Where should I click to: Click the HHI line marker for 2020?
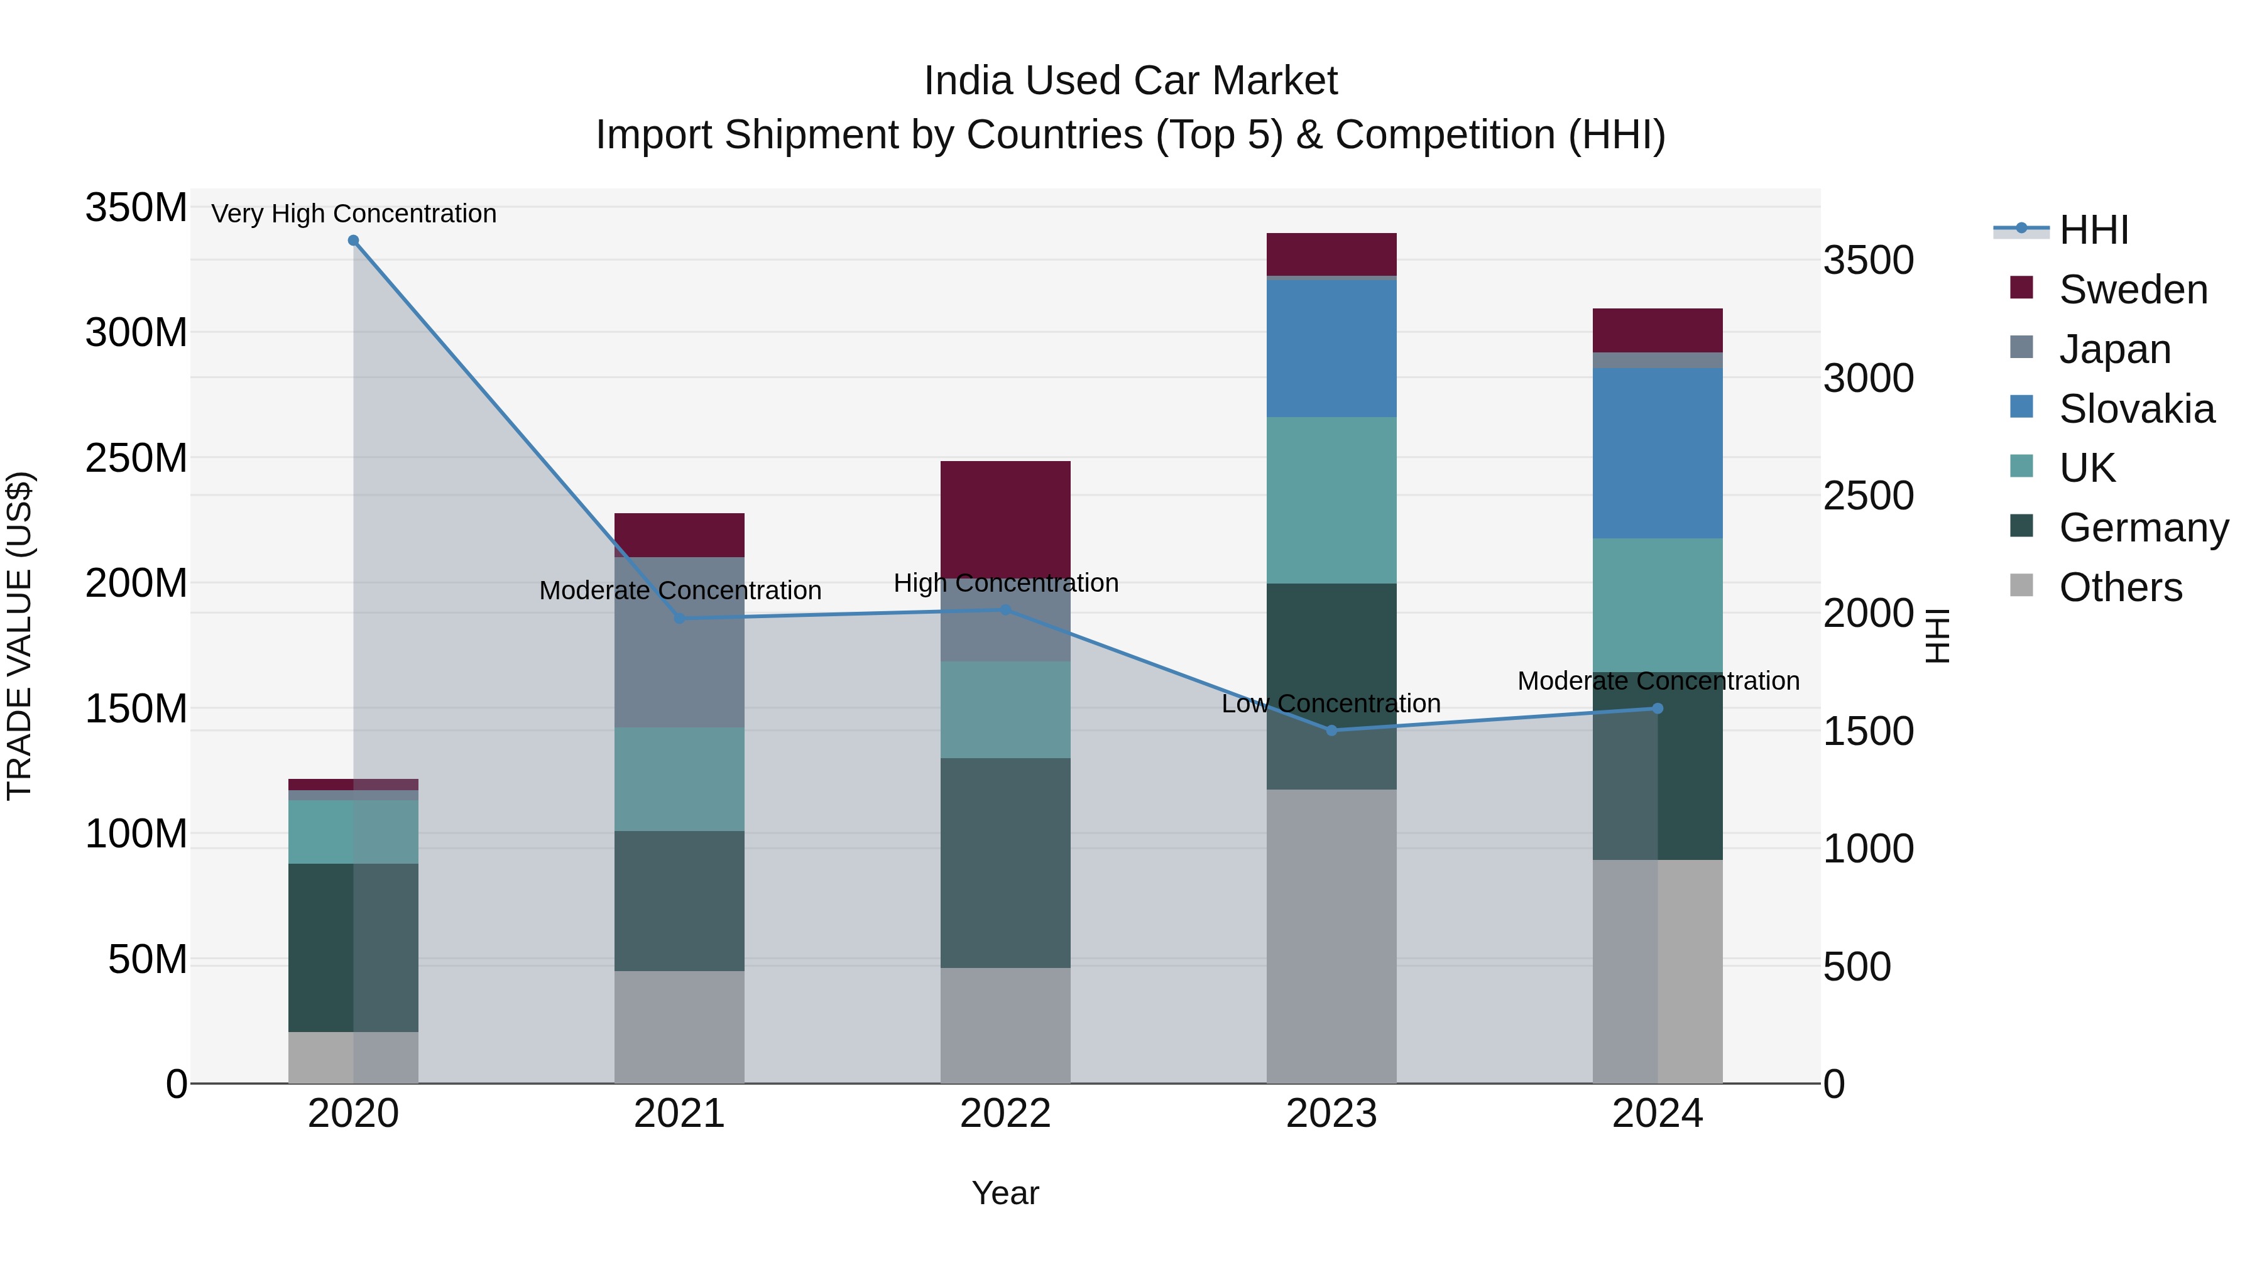point(353,241)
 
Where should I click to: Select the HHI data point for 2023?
point(1331,731)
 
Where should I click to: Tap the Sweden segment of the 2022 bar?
point(1005,519)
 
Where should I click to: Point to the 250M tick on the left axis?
point(136,459)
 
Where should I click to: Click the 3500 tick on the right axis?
point(1869,261)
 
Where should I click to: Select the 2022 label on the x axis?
point(1005,1114)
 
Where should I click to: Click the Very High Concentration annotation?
point(353,214)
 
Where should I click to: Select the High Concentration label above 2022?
point(1005,583)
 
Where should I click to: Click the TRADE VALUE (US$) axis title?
point(19,636)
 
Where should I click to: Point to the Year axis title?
point(1005,1193)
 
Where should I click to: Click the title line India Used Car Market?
point(1130,81)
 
